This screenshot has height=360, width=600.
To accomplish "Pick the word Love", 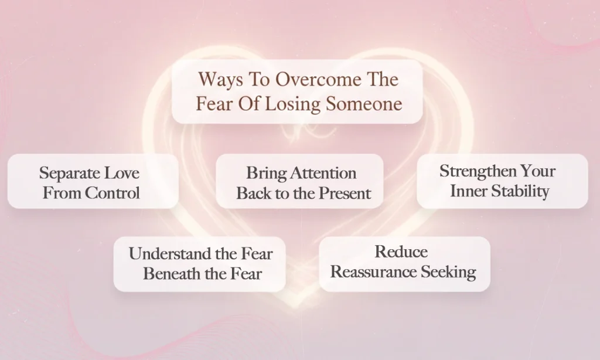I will click(122, 173).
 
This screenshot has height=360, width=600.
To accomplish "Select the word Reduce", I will click(401, 252).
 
